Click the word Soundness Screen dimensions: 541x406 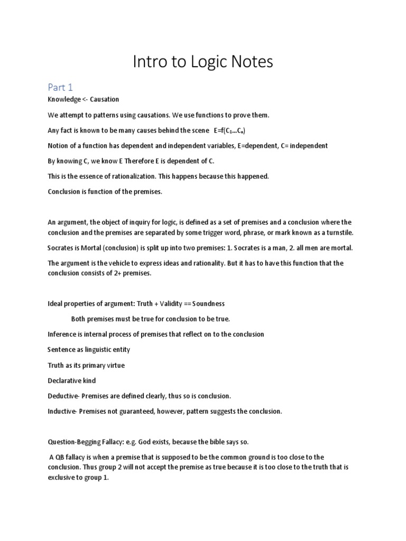(x=208, y=304)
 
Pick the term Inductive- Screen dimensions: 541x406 (x=62, y=411)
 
